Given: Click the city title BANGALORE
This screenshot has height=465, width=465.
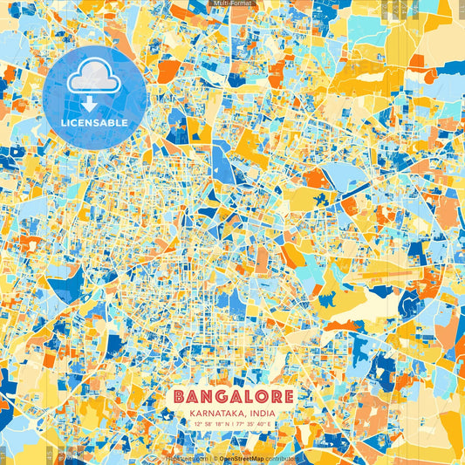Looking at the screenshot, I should [232, 396].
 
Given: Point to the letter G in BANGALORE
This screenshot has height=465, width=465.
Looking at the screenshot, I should [217, 396].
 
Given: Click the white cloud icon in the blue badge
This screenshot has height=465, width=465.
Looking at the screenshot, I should [94, 79].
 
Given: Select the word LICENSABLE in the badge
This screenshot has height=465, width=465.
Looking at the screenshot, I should [94, 123].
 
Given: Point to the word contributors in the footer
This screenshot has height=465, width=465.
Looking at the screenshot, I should [283, 457].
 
